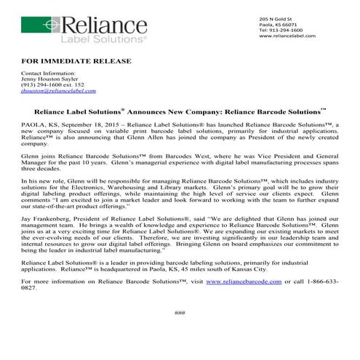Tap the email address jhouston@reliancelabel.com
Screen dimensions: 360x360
(x=49, y=93)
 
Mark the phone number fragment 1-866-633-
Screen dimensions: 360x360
(x=319, y=280)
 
